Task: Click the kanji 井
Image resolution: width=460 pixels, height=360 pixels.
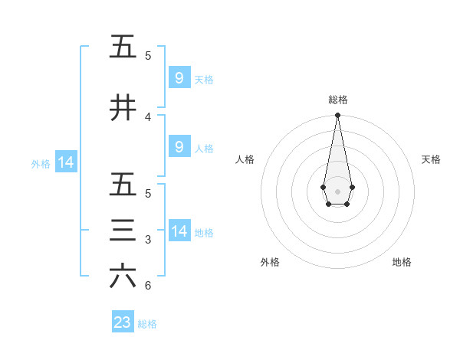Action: (123, 109)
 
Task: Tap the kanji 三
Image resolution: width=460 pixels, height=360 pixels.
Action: (123, 231)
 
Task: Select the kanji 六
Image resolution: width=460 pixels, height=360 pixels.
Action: (123, 277)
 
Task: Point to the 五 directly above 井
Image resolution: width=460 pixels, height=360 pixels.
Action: (123, 47)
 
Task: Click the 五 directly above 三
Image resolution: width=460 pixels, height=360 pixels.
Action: (123, 185)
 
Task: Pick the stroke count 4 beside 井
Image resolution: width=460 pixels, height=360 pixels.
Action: (148, 116)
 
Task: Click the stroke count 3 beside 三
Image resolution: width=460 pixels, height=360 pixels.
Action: (148, 240)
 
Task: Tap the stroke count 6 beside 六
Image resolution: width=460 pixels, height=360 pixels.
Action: (148, 286)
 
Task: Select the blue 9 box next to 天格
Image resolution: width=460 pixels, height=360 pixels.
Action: (179, 77)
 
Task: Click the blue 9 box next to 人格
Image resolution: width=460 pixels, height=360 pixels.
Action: (179, 147)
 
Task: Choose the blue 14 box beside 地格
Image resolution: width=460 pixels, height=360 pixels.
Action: (179, 231)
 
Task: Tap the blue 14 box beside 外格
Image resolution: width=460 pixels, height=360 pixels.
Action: (65, 162)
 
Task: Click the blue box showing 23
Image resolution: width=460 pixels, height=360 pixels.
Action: (123, 322)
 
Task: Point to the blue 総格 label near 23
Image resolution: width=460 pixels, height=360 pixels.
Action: (147, 324)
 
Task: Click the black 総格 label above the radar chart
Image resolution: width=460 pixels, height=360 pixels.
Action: (337, 100)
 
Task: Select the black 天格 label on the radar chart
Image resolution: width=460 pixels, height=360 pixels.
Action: (431, 159)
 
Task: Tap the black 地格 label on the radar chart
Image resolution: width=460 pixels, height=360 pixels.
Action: (402, 262)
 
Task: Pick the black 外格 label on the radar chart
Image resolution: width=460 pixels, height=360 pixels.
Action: (270, 262)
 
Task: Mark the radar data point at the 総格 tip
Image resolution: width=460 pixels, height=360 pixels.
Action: (337, 115)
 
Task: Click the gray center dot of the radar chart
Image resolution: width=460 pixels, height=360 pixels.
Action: (337, 191)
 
